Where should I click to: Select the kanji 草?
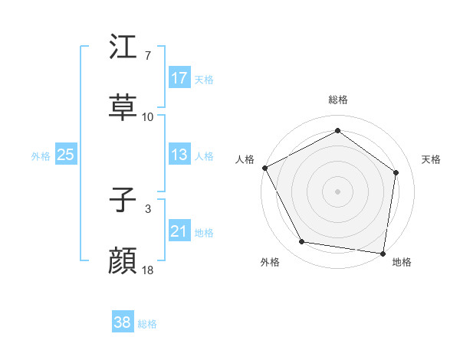[x=123, y=106]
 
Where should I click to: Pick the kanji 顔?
[x=123, y=261]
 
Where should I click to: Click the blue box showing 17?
[x=179, y=78]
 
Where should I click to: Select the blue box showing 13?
[x=179, y=155]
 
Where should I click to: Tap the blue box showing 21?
[x=179, y=231]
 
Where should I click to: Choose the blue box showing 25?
[x=66, y=155]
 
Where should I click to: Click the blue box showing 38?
[x=123, y=322]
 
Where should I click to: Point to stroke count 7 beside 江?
[x=147, y=56]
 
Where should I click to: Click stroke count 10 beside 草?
[x=148, y=117]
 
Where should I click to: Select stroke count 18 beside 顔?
[x=148, y=270]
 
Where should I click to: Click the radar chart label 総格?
[x=337, y=100]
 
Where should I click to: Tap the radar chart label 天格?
[x=431, y=159]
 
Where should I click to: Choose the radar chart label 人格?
[x=245, y=159]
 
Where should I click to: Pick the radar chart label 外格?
[x=270, y=262]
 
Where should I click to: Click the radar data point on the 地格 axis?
[x=383, y=253]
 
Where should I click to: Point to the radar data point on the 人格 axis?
[x=264, y=168]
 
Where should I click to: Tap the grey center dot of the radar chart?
[x=337, y=191]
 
